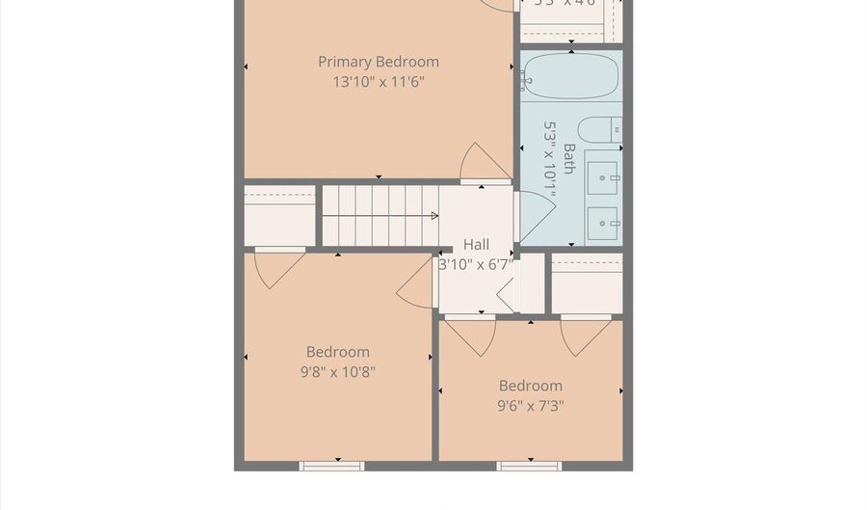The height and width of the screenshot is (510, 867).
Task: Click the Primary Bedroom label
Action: (x=379, y=62)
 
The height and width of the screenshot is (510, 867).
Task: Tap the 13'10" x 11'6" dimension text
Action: (x=379, y=83)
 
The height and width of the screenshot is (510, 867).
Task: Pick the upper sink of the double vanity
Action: (x=604, y=174)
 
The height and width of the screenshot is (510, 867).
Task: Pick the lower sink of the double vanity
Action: (x=604, y=223)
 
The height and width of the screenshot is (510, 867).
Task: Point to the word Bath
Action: (x=569, y=160)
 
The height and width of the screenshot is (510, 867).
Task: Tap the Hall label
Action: (x=476, y=245)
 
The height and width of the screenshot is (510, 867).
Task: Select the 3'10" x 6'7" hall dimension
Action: (x=476, y=263)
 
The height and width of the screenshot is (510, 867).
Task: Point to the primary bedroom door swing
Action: (x=481, y=164)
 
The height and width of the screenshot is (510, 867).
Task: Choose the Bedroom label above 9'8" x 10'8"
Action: (x=337, y=352)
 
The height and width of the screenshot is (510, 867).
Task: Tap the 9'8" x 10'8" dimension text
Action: (x=337, y=372)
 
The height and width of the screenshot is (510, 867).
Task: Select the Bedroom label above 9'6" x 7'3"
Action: (x=530, y=386)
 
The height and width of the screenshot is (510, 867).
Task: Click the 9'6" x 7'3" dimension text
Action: (x=530, y=406)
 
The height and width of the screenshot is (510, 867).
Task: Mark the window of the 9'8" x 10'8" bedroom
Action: (x=331, y=466)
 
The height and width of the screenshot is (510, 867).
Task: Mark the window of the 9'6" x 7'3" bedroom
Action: (x=529, y=466)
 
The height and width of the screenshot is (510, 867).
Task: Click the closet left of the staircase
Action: (x=279, y=216)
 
